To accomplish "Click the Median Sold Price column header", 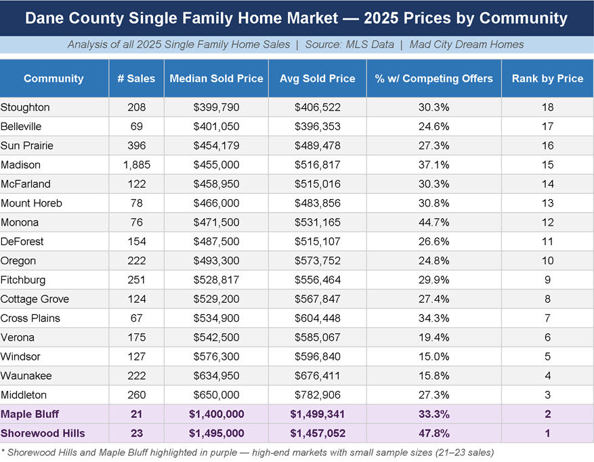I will [216, 79].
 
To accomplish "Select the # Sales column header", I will [136, 79].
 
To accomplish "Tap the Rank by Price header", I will [547, 79].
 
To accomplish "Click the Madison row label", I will [21, 165].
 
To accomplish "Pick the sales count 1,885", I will [136, 165].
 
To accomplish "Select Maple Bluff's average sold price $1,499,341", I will [317, 414].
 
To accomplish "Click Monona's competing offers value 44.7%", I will [433, 222].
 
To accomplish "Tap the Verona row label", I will [18, 337].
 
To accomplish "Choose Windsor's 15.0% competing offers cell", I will [433, 356].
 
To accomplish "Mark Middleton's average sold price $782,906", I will [317, 395].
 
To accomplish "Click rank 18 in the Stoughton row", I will [547, 107].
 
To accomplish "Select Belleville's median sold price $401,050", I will [216, 127].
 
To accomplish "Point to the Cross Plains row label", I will [30, 318].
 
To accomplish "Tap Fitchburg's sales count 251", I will [136, 280].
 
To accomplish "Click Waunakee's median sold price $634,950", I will [216, 375].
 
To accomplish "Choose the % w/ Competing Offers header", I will [433, 79].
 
